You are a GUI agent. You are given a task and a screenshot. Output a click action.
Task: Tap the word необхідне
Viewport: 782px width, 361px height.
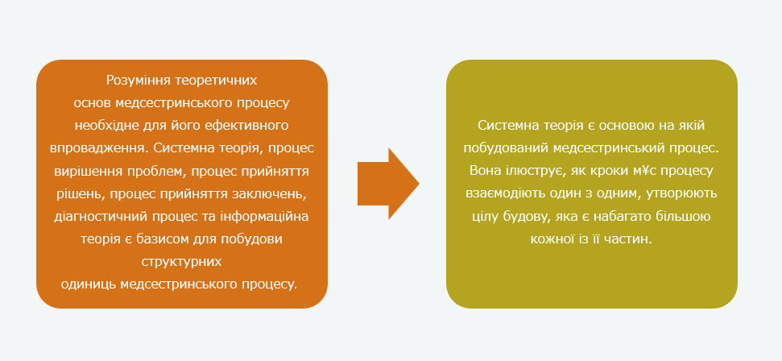[x=106, y=126]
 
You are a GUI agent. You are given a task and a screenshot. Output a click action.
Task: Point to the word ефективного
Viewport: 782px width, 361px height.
[x=249, y=126]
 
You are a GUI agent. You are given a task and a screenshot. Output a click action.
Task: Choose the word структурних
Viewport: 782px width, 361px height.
[x=181, y=262]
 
